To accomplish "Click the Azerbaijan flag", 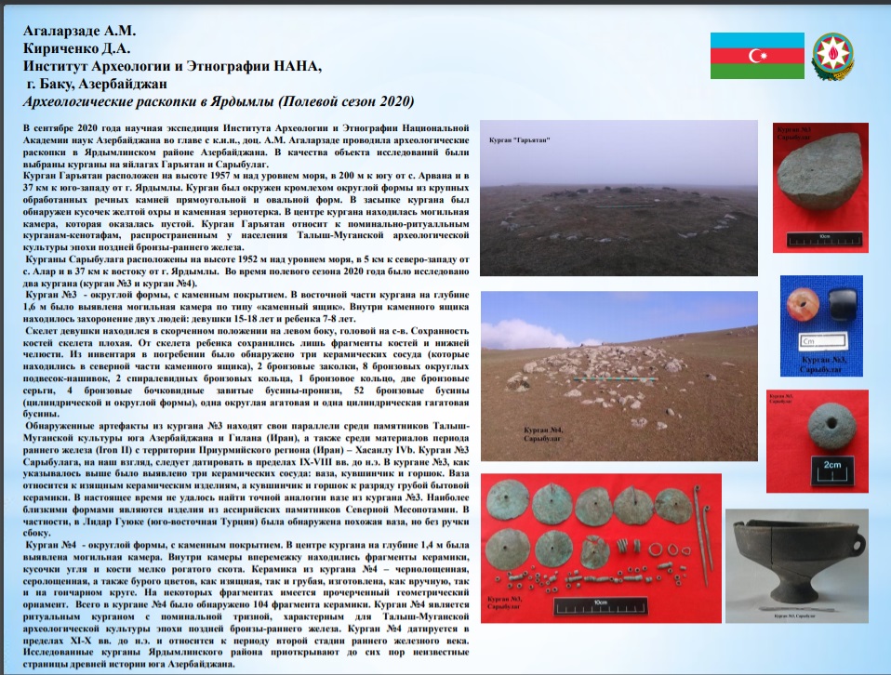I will (757, 56).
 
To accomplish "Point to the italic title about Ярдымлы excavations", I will (219, 101).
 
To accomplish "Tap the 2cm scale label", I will (833, 465).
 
